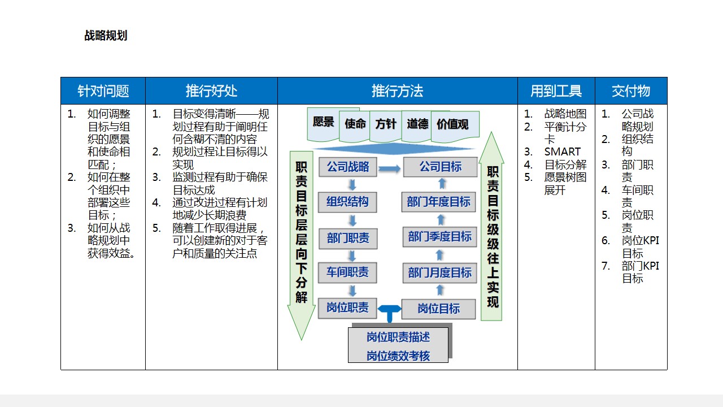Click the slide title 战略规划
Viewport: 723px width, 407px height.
point(106,36)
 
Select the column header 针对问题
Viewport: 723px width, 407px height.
point(103,91)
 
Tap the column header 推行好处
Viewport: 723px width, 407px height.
point(211,91)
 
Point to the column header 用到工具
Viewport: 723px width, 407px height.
point(556,91)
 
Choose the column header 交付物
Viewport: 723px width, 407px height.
point(631,91)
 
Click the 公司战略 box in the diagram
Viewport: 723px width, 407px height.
point(347,167)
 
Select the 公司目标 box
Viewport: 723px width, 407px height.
point(439,167)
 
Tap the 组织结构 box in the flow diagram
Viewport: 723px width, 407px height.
point(347,201)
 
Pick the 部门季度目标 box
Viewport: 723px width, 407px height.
point(439,236)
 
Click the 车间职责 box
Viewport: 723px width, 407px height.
point(347,272)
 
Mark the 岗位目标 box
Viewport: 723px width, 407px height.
point(438,309)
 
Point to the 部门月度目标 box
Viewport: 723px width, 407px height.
point(439,273)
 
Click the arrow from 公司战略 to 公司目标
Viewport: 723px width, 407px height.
point(389,168)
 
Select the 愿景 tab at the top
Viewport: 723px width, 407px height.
point(324,123)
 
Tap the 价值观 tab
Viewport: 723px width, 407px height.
point(452,124)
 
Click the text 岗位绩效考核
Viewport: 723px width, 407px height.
point(398,356)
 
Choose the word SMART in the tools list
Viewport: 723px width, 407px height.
point(562,151)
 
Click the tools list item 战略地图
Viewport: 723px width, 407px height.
point(565,114)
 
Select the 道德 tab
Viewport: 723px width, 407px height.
point(417,124)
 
